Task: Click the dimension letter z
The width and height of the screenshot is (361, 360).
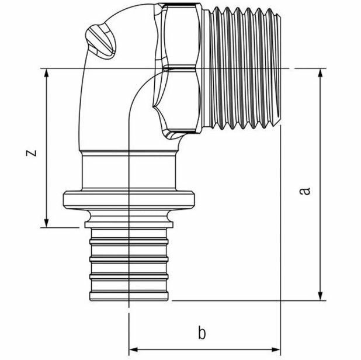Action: click(x=33, y=153)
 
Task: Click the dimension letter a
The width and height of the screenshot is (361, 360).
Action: click(x=304, y=191)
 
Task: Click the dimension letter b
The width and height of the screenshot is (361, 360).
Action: click(x=202, y=334)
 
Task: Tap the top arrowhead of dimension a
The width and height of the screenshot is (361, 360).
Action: click(x=321, y=73)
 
